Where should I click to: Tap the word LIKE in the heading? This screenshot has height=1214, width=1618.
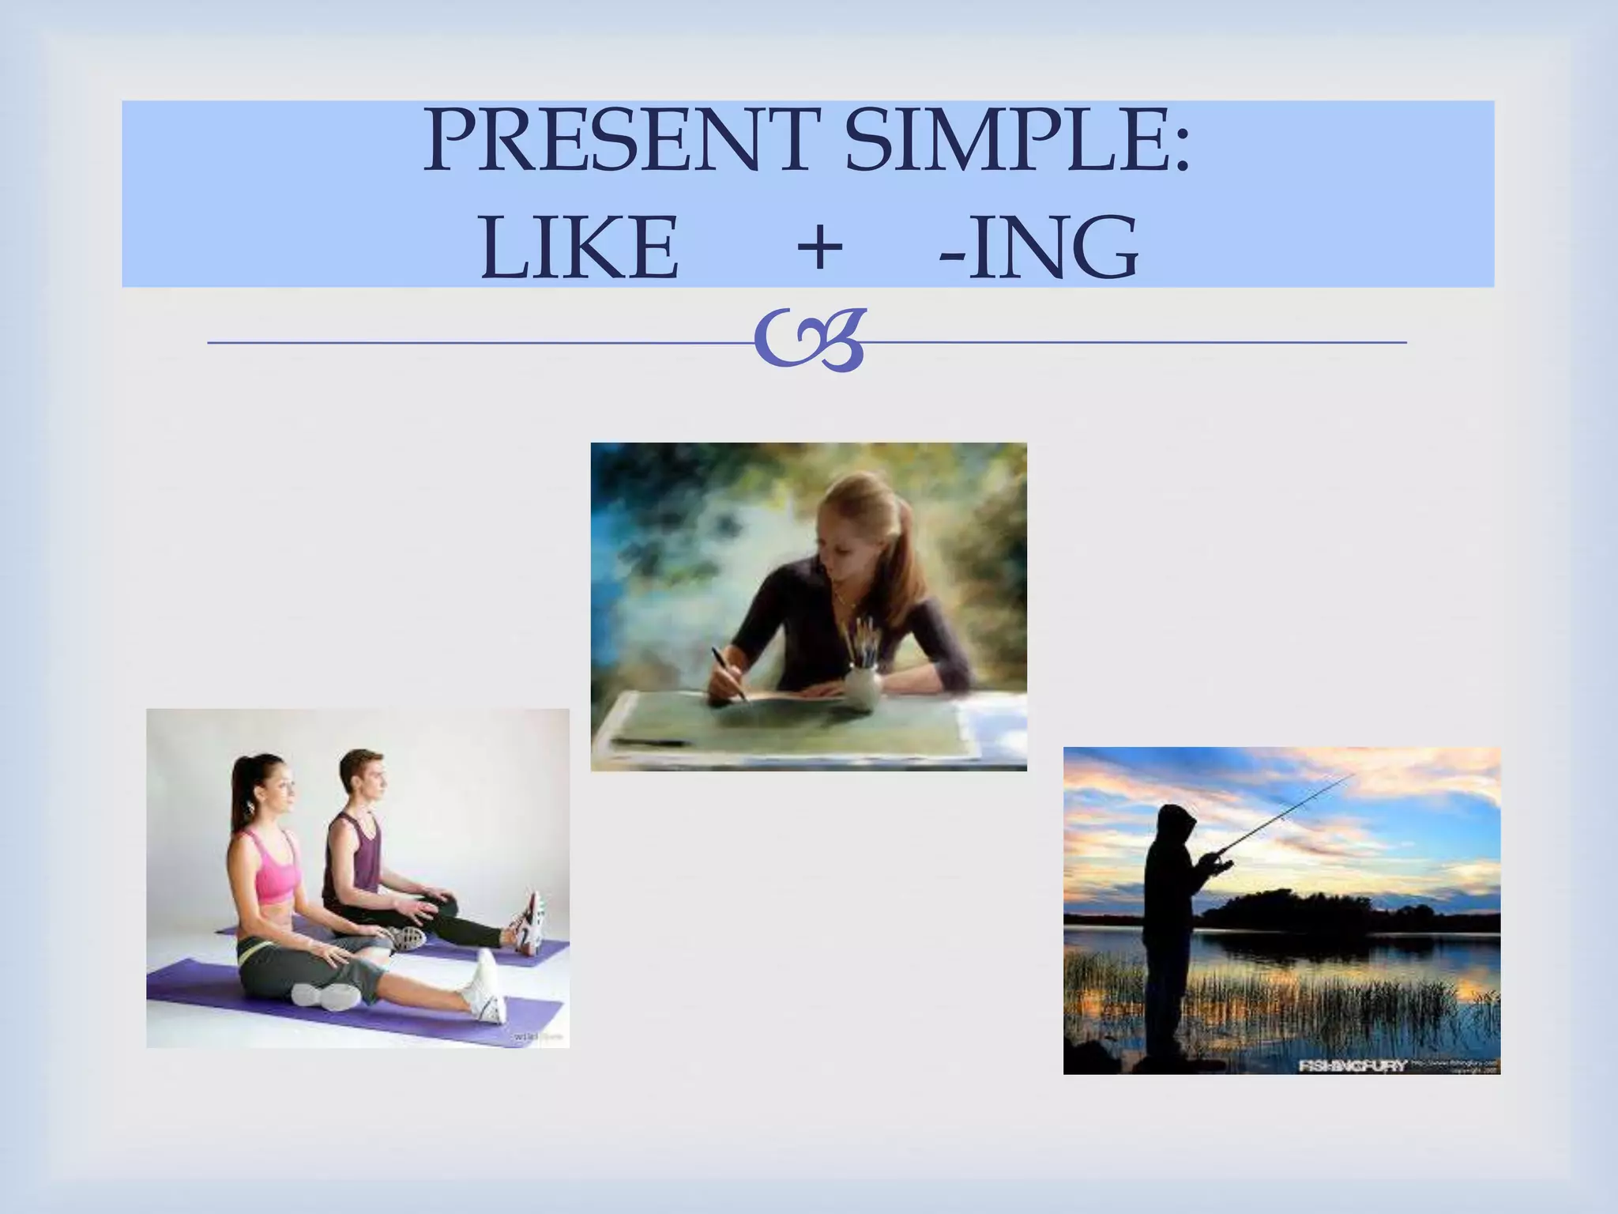[579, 248]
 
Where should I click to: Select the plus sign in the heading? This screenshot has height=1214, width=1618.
[818, 247]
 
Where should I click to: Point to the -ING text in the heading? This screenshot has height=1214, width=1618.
[1039, 248]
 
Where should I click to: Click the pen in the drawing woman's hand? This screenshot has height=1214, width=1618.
[728, 673]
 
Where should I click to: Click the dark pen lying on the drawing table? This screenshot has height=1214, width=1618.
[653, 742]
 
